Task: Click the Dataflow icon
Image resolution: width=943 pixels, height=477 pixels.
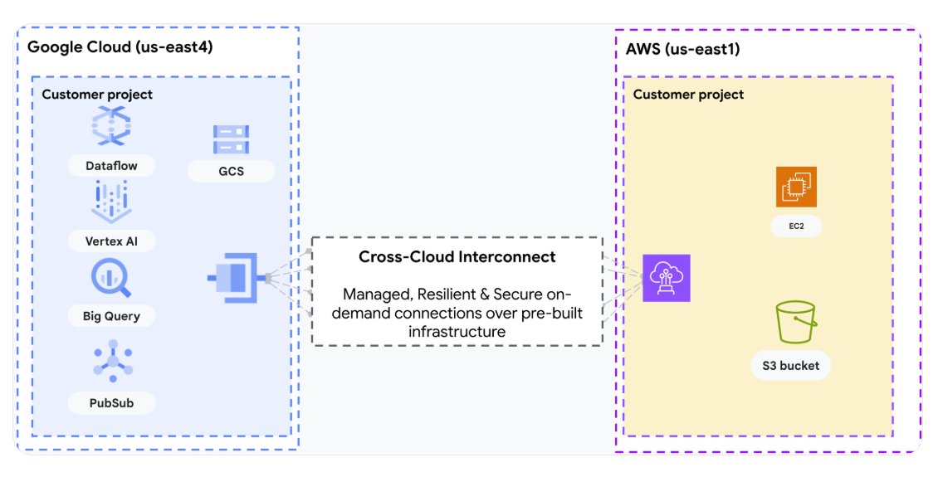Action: (x=112, y=128)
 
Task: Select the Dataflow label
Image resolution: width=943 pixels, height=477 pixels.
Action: (x=112, y=166)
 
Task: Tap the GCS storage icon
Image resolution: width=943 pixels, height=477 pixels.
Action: (x=231, y=139)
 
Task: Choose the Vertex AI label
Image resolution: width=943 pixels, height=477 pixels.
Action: (x=112, y=241)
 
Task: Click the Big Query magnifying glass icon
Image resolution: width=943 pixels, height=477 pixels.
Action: (x=112, y=279)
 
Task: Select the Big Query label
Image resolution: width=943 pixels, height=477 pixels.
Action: (x=112, y=316)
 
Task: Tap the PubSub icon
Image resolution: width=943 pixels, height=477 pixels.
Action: (x=112, y=361)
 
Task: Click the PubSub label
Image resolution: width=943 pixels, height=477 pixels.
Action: (x=112, y=403)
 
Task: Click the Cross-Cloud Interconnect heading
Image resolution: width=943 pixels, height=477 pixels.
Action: (x=457, y=257)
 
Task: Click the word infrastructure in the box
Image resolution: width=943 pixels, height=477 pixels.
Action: (x=457, y=332)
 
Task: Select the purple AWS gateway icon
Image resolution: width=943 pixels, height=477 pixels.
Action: (x=667, y=278)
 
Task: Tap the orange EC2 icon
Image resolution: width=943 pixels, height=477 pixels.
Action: (x=796, y=187)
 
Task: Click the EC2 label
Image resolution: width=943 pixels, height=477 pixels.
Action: (x=796, y=226)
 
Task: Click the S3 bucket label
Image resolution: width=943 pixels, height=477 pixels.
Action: (x=791, y=366)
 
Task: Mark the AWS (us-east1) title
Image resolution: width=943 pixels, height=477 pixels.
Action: (x=682, y=49)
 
